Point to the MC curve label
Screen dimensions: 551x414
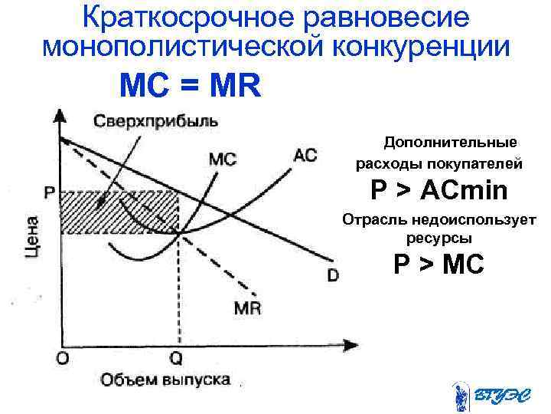coord(222,159)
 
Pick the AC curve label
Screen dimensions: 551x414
coord(305,156)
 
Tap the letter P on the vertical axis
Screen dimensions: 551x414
coord(48,192)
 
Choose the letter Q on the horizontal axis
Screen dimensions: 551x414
coord(176,357)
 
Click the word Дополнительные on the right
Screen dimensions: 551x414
coord(450,143)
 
